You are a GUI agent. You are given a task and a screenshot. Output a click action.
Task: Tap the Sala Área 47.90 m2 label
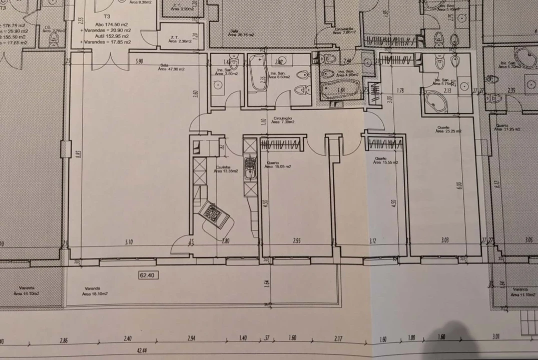pyautogui.click(x=172, y=67)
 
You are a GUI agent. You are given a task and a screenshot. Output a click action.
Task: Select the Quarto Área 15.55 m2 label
pyautogui.click(x=386, y=161)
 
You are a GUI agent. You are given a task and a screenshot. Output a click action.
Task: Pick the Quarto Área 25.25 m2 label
pyautogui.click(x=448, y=129)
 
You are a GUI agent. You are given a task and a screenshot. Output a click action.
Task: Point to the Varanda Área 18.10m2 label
pyautogui.click(x=95, y=291)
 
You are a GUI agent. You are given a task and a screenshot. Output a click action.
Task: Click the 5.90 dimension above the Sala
pyautogui.click(x=139, y=61)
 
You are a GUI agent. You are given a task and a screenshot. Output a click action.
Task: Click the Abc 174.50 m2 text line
pyautogui.click(x=107, y=24)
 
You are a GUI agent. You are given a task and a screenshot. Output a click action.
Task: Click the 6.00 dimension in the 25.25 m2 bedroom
pyautogui.click(x=457, y=186)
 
